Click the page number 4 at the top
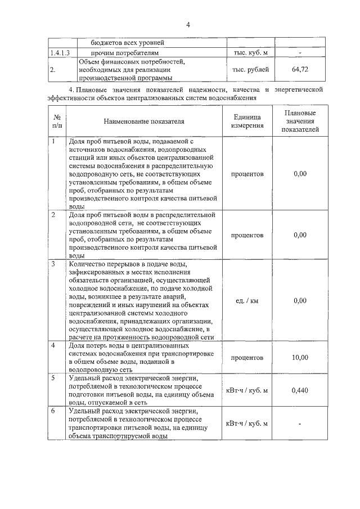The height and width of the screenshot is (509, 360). coord(188,24)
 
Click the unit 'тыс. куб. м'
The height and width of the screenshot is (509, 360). coord(250,53)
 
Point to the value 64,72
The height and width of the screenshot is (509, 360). coord(300,70)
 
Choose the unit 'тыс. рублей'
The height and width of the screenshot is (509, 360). coord(250,70)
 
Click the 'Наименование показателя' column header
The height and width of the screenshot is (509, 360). coord(143,121)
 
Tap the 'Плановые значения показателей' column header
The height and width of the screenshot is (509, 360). coord(300,121)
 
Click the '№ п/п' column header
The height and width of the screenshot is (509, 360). coord(57,121)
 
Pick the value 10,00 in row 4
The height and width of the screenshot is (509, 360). coord(300,357)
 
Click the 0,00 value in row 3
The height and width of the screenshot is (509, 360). coord(300,300)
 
